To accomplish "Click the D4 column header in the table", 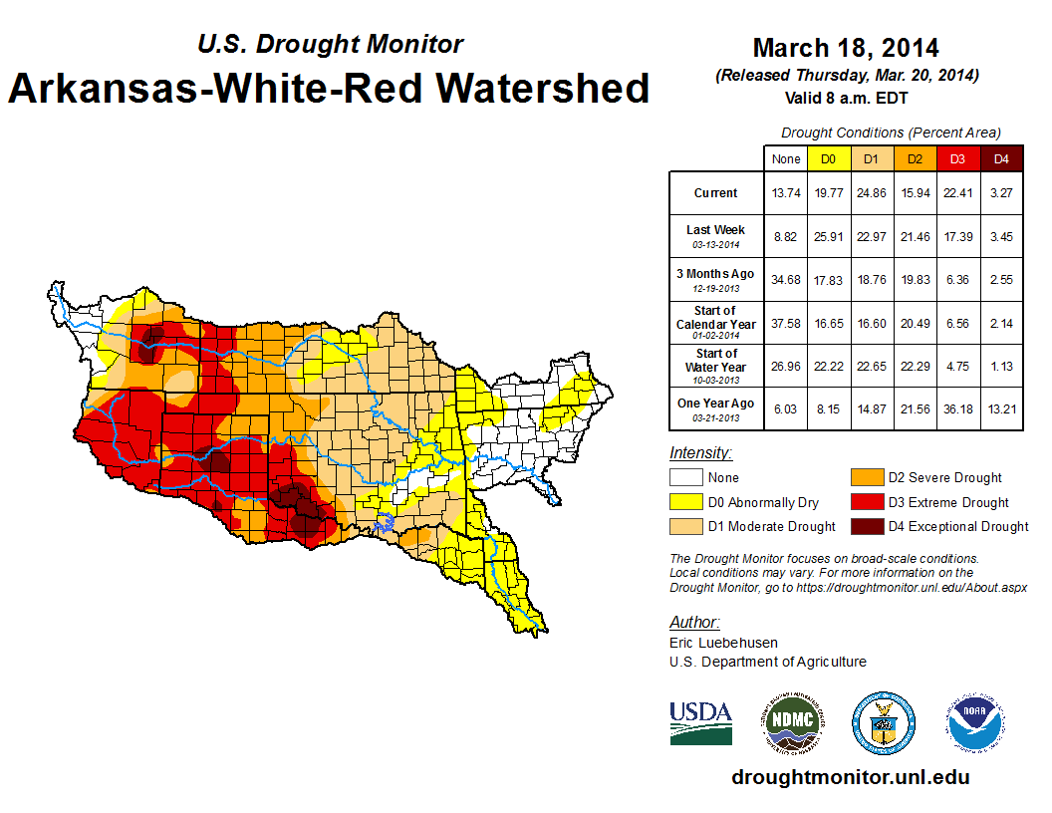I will [x=1001, y=158].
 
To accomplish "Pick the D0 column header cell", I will [x=828, y=158].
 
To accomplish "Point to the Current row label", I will [x=716, y=193].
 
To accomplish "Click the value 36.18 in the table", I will [x=957, y=404].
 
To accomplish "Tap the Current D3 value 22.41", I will [x=957, y=193].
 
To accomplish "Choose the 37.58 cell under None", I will [x=786, y=323].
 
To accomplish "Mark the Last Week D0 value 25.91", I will [x=828, y=235].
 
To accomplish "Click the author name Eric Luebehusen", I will [x=723, y=643].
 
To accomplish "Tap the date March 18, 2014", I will [x=846, y=48].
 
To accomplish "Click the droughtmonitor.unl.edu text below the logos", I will [x=850, y=777].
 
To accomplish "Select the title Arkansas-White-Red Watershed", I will [x=329, y=88].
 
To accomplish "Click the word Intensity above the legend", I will [x=700, y=453].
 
